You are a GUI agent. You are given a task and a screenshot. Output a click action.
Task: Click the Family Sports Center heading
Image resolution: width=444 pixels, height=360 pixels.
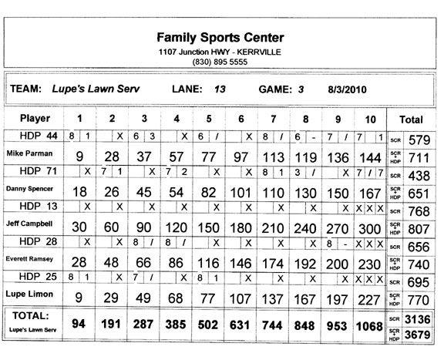tap(220, 37)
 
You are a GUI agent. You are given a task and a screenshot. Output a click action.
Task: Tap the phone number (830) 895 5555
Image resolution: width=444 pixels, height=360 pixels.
tap(220, 62)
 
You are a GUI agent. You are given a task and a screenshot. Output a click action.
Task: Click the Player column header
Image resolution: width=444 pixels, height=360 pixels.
tap(35, 119)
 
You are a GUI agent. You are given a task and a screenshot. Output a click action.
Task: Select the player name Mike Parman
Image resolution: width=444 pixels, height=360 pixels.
tap(29, 153)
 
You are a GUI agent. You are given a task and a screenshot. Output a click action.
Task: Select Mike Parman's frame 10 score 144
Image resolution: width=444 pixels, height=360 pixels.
tap(370, 159)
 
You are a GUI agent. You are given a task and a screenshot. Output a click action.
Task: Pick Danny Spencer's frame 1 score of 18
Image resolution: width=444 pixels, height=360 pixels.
tap(78, 193)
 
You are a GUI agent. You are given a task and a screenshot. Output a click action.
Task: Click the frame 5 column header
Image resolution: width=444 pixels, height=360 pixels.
tap(208, 119)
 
